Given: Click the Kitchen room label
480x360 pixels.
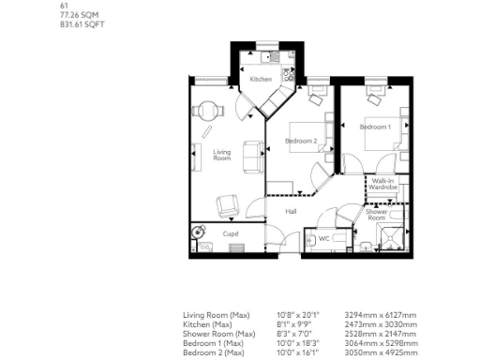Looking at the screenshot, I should point(262,79).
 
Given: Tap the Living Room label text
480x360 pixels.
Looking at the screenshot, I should point(222,155).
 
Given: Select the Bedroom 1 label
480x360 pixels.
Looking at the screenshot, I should point(375,127).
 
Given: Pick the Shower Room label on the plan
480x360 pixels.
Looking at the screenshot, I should point(376,215).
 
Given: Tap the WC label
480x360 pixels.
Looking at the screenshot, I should point(323,238).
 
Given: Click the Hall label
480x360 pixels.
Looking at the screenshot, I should point(292,211).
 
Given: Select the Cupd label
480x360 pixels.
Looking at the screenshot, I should point(231,233).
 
